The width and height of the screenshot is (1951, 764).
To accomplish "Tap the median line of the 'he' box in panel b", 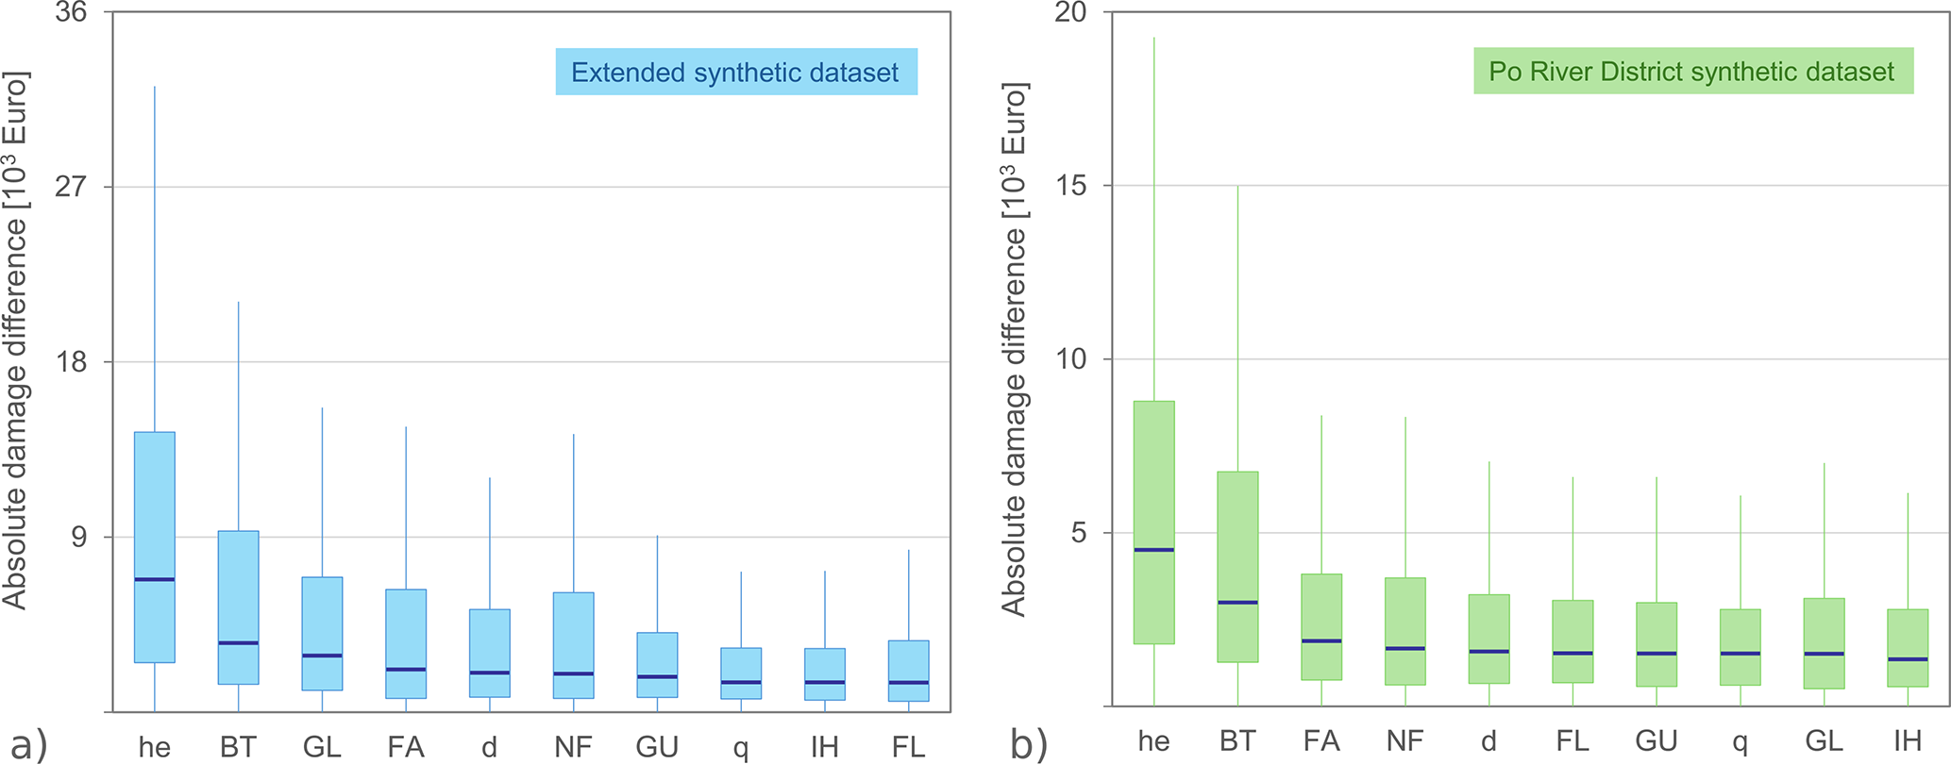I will tap(1153, 550).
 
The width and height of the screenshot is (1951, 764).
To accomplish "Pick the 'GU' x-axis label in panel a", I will tap(657, 747).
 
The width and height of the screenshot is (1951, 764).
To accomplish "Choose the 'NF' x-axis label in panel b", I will tap(1404, 741).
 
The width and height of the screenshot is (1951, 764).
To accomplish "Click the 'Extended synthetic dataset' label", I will tap(735, 73).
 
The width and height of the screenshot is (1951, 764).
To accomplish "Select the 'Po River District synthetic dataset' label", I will tap(1692, 72).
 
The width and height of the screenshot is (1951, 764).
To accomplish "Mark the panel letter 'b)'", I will tap(1029, 745).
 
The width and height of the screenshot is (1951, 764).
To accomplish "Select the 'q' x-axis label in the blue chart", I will tap(741, 749).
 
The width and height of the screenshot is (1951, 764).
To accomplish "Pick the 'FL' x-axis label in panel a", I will tap(908, 747).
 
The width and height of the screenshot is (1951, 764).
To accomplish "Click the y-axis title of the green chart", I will tap(1015, 349).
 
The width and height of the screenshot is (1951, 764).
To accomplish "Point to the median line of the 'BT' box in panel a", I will tap(238, 643).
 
